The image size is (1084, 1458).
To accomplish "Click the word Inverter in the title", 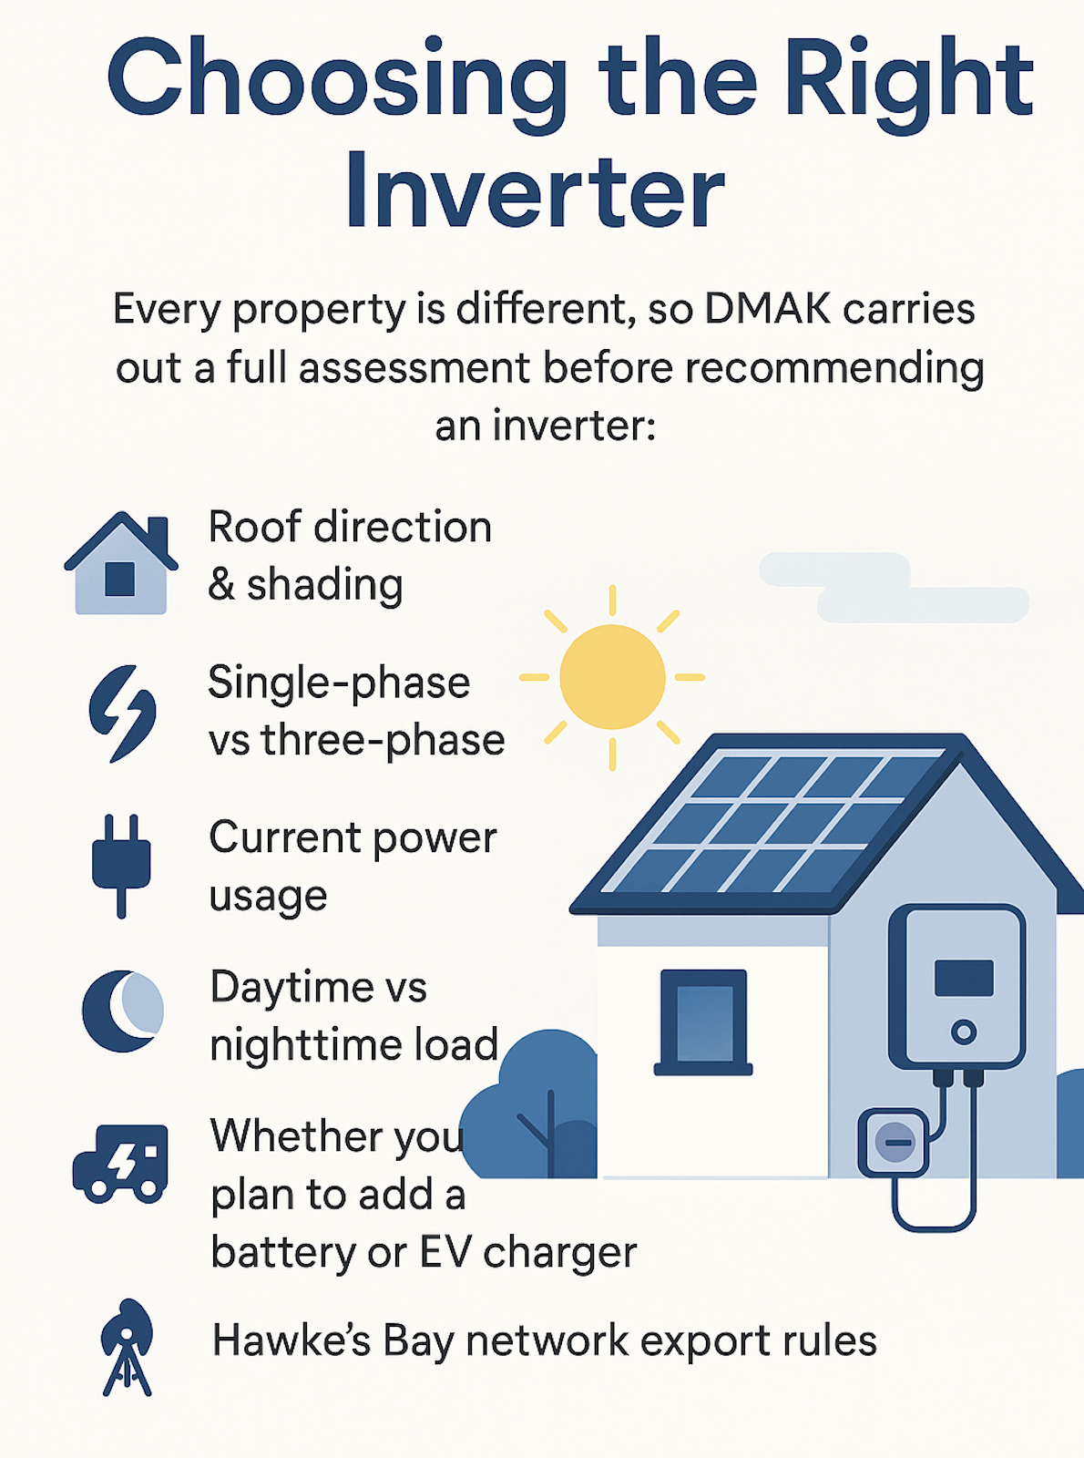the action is click(535, 190).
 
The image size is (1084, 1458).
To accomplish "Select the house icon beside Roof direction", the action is click(121, 562).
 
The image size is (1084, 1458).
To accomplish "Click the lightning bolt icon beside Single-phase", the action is click(123, 714).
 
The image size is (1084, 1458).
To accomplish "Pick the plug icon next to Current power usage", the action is click(122, 866).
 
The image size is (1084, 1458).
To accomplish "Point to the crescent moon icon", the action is click(123, 1011).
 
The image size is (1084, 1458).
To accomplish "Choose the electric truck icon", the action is click(120, 1164).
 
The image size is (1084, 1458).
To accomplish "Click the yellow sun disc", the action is click(612, 677).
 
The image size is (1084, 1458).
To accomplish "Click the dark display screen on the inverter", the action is click(964, 978).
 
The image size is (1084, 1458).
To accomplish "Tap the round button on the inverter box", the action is click(964, 1032).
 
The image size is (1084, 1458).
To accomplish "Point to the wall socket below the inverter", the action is click(894, 1143).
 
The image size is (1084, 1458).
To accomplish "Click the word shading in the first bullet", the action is click(324, 585).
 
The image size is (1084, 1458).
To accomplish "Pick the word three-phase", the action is click(383, 741).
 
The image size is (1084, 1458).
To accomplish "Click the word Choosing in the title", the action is click(336, 79).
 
